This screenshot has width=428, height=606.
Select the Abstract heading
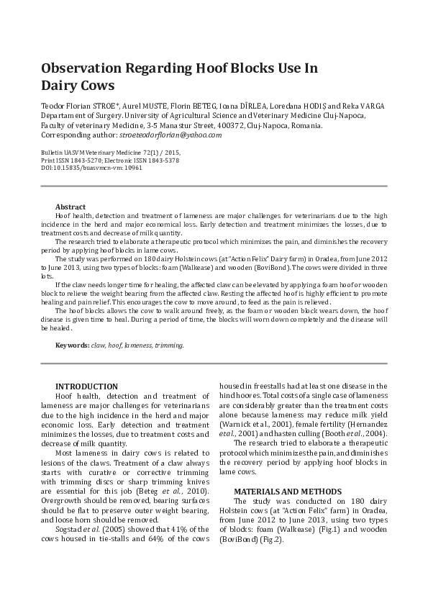70,207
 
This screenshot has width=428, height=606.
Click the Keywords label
73,345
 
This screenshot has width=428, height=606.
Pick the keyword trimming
169,345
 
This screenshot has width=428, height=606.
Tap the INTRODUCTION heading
86,386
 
